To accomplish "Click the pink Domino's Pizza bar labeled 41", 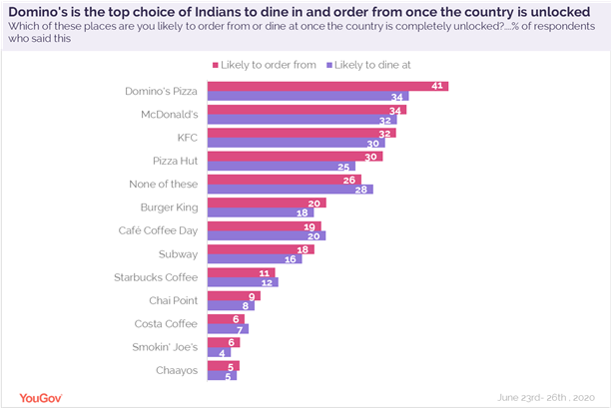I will coord(329,86).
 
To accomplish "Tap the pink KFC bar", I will coord(304,133).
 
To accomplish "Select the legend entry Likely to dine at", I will coord(369,64).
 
